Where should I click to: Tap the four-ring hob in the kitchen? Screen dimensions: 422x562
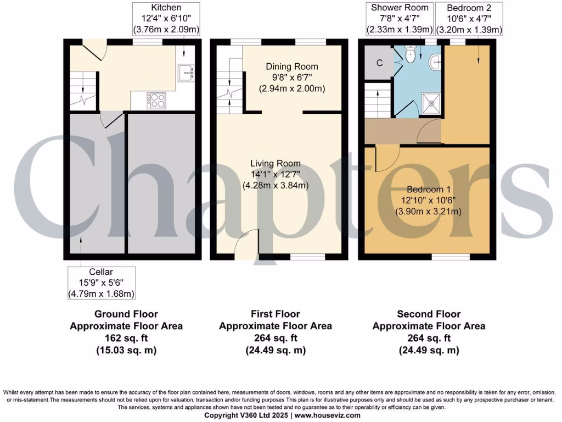[x=155, y=99]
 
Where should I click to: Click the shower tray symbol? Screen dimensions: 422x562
[x=430, y=101]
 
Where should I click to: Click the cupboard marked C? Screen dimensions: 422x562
[x=379, y=63]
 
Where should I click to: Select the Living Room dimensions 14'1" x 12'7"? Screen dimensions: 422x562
[x=276, y=174]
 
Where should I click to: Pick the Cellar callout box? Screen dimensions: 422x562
[x=101, y=283]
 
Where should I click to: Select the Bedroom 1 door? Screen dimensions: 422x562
[x=383, y=158]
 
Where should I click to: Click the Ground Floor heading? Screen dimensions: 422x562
[x=126, y=314]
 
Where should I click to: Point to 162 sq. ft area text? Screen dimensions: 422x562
[x=126, y=338]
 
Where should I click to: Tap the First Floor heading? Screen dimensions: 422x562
[x=276, y=314]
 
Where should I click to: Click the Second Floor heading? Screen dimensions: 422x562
[x=429, y=314]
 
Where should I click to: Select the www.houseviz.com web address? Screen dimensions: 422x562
[x=327, y=416]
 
